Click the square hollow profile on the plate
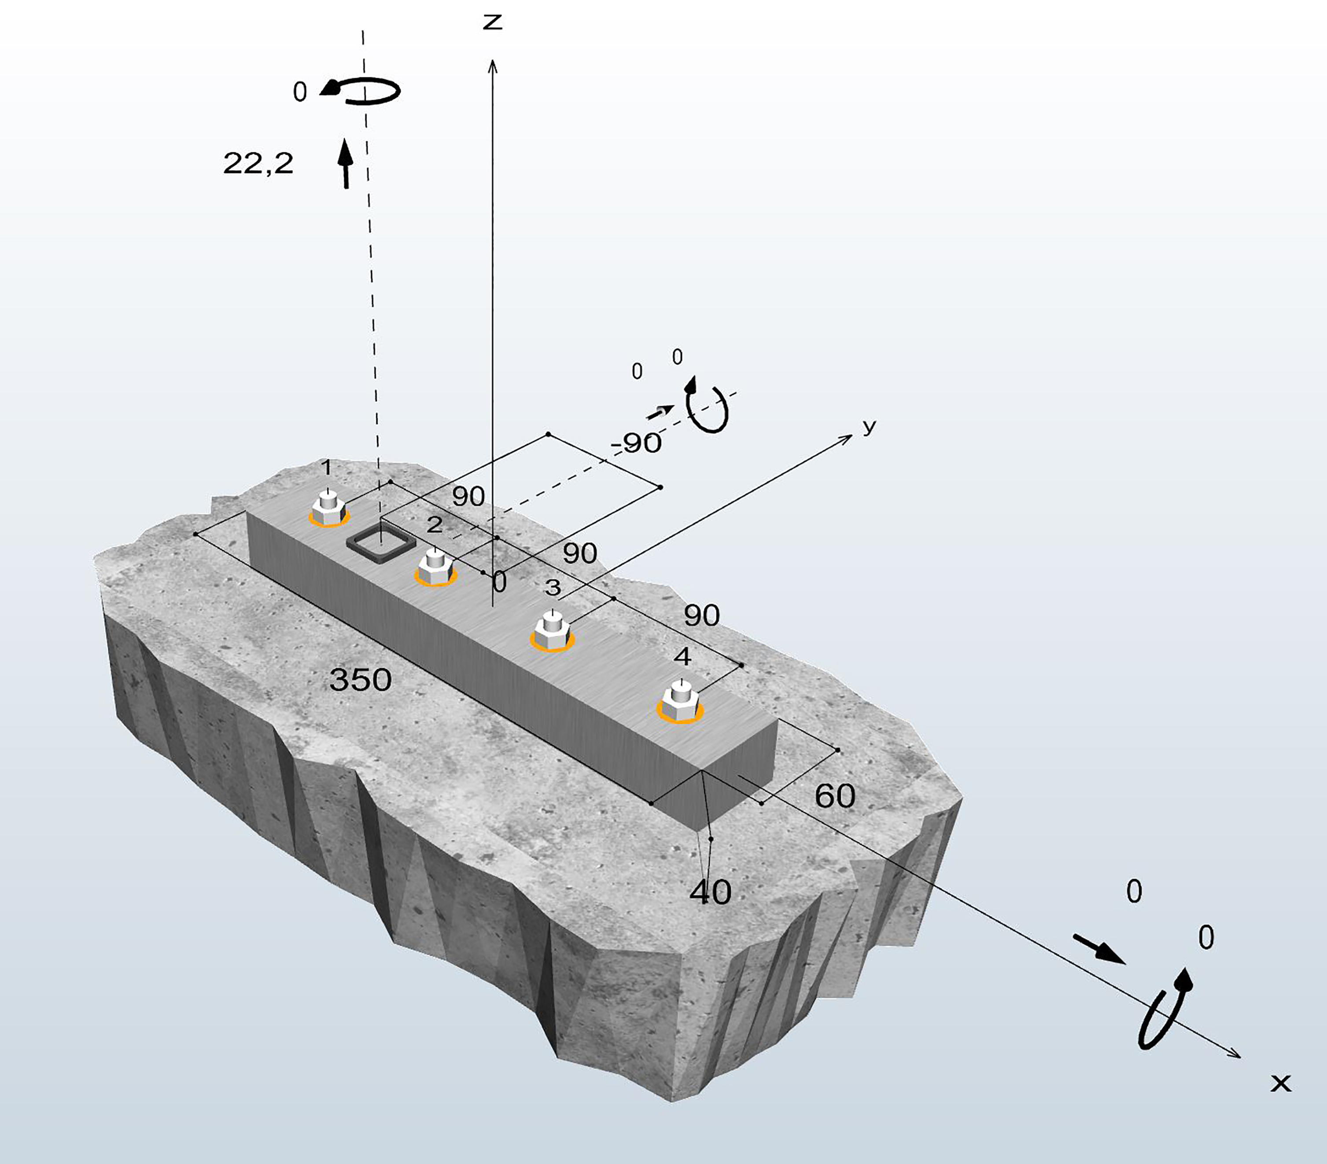380,543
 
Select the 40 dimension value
710,893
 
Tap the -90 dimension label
636,443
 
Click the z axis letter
493,23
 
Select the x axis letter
1281,1083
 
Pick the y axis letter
869,426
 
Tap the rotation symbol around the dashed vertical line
364,91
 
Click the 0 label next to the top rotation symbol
299,92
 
